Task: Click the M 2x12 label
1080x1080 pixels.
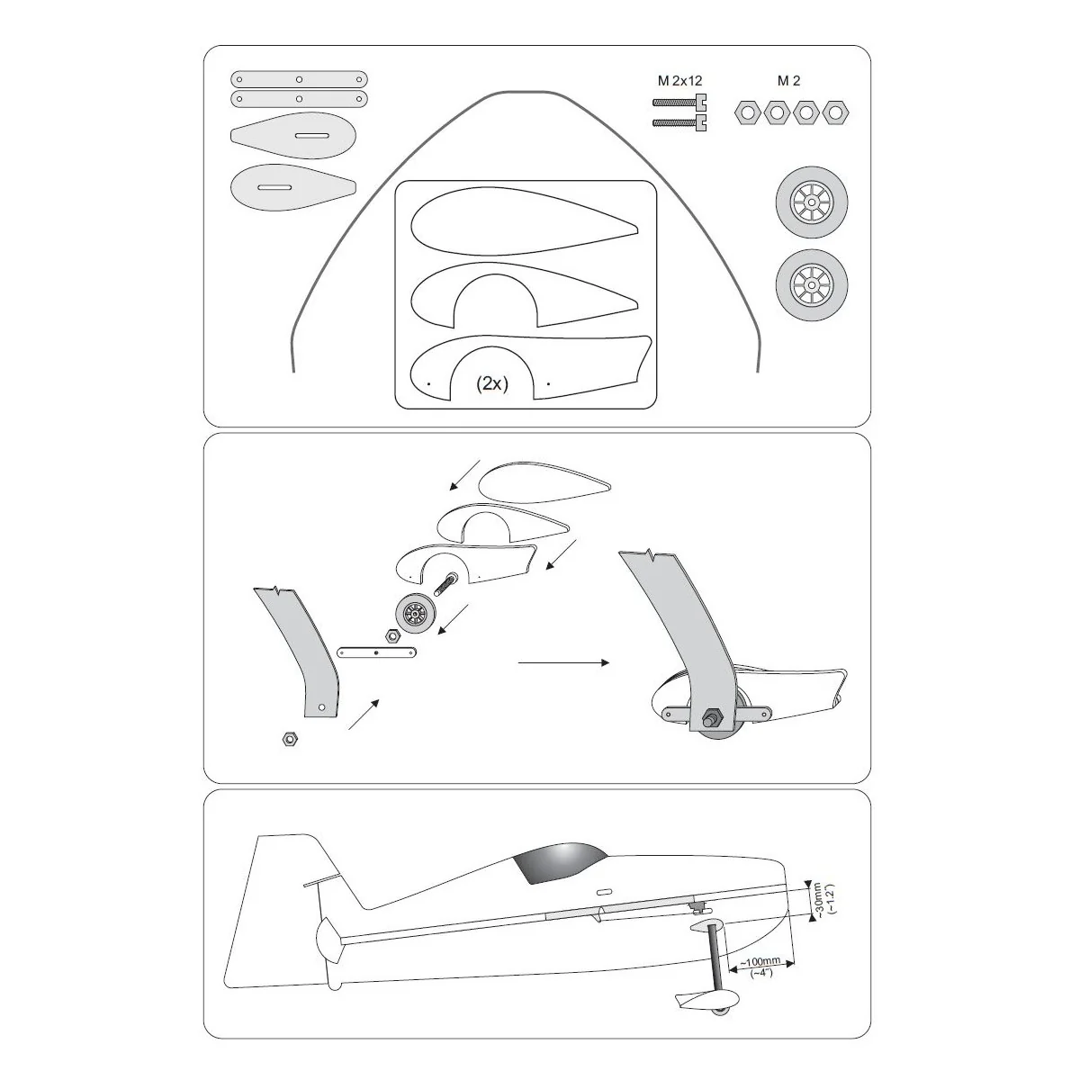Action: (x=679, y=81)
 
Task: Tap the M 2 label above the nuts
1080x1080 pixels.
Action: (x=788, y=81)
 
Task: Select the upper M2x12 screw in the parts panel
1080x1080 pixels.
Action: (x=679, y=103)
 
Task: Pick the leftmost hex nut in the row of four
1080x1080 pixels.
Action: (x=747, y=113)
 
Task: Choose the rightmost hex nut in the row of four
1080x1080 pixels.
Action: (x=835, y=113)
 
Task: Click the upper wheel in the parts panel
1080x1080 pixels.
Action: (x=812, y=202)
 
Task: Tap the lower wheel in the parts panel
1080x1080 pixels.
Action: (x=812, y=285)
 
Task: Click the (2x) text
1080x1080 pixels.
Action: (x=492, y=384)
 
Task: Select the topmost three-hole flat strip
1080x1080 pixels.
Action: (x=300, y=79)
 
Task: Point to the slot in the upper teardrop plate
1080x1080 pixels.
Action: (x=311, y=136)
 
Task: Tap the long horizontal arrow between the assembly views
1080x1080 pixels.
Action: (x=563, y=663)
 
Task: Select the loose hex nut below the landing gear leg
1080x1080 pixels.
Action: (x=290, y=739)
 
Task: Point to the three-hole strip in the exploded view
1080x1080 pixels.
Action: (x=376, y=652)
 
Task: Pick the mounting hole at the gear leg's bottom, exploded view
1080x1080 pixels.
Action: (x=321, y=707)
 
